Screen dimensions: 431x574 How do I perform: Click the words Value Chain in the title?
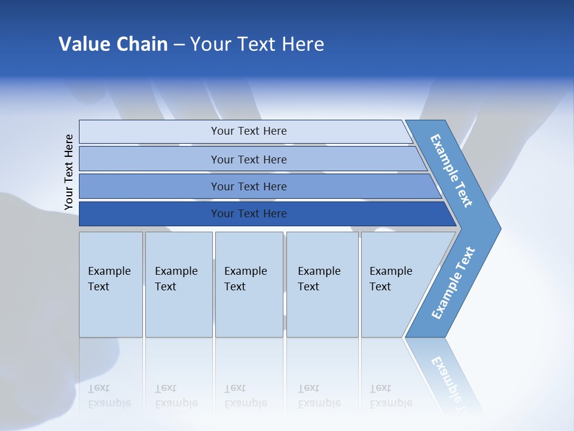[x=113, y=44]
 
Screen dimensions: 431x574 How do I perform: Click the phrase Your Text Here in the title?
[x=257, y=44]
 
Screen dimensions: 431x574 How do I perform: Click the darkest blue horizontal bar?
[x=149, y=214]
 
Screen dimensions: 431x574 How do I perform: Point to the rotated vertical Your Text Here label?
[x=69, y=172]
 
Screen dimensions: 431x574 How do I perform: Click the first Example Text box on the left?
[x=111, y=284]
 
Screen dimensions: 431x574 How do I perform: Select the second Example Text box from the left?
[x=178, y=284]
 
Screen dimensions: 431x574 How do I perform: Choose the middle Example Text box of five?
[x=249, y=284]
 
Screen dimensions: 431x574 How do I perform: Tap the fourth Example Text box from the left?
[x=322, y=284]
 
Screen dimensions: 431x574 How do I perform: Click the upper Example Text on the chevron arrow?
[x=451, y=171]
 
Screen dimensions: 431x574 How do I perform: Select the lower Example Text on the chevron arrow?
[x=453, y=283]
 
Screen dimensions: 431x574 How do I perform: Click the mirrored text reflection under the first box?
[x=109, y=396]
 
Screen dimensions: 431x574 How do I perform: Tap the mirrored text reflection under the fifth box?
[x=390, y=396]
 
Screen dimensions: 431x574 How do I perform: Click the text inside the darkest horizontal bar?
[x=249, y=214]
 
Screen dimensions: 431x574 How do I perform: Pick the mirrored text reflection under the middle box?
[x=245, y=396]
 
